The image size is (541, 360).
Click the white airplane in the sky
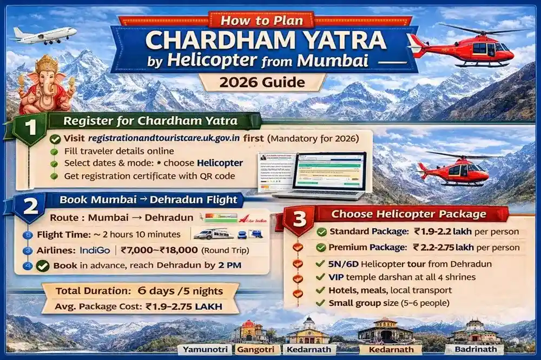pos(43,35)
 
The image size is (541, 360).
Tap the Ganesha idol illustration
pos(45,83)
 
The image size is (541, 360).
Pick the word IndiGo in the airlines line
pos(95,250)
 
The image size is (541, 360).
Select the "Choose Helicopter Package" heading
pos(408,214)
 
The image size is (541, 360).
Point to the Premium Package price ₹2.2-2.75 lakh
pos(466,248)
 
